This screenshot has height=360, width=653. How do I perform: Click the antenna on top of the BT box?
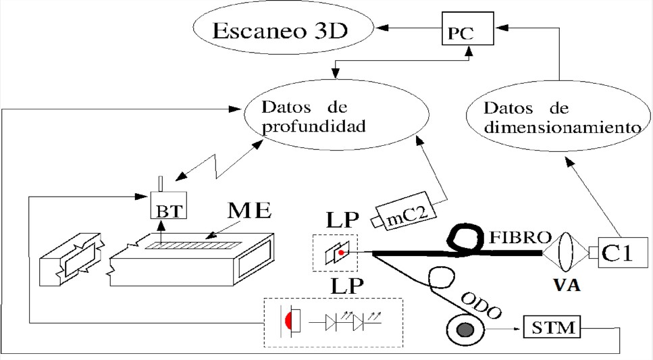click(161, 184)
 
